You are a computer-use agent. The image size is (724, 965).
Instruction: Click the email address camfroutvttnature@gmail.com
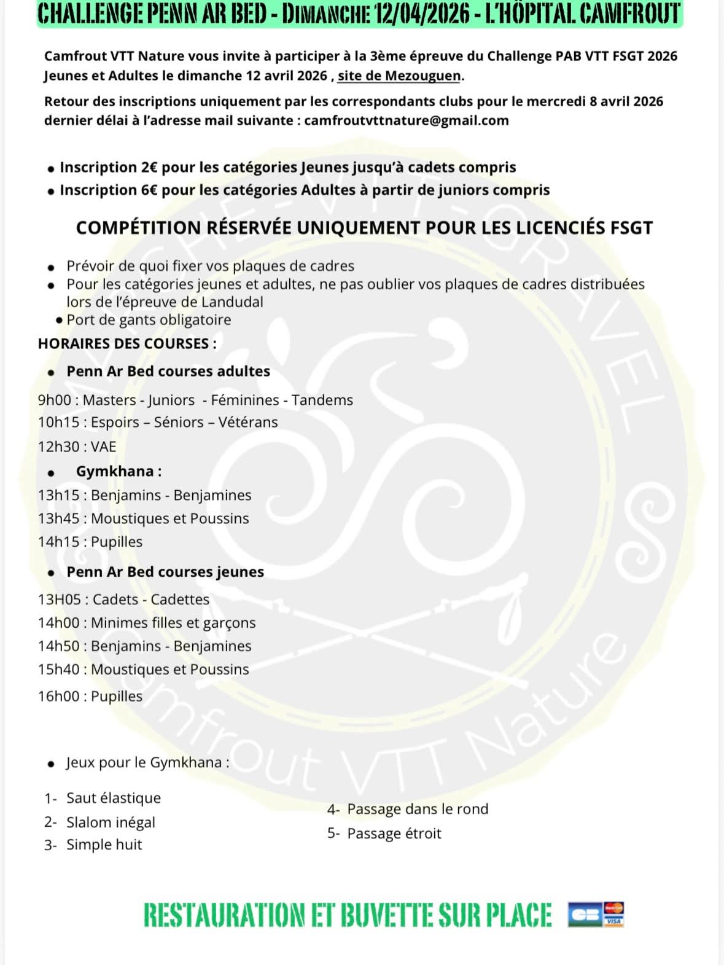pyautogui.click(x=406, y=120)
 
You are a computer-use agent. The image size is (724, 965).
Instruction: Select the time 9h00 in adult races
pyautogui.click(x=55, y=400)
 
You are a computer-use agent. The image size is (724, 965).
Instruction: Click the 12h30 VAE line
pyautogui.click(x=77, y=447)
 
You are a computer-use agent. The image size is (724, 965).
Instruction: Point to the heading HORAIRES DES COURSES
pyautogui.click(x=127, y=343)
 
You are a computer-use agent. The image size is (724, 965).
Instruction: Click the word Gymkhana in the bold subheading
pyautogui.click(x=115, y=471)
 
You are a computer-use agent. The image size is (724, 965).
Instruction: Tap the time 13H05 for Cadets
pyautogui.click(x=58, y=599)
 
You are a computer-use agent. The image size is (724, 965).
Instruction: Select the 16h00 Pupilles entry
pyautogui.click(x=90, y=696)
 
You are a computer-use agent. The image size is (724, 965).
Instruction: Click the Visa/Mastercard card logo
pyautogui.click(x=613, y=914)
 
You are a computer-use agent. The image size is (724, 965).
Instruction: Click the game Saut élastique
pyautogui.click(x=113, y=798)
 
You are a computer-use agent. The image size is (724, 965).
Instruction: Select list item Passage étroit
pyautogui.click(x=394, y=834)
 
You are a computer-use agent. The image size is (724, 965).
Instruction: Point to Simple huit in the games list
pyautogui.click(x=104, y=845)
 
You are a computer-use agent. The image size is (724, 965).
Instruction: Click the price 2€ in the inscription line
pyautogui.click(x=149, y=167)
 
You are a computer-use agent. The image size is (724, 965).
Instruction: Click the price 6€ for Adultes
pyautogui.click(x=149, y=190)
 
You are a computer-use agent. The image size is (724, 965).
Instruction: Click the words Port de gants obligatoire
pyautogui.click(x=149, y=319)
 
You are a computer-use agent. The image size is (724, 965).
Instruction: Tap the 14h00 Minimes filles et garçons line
pyautogui.click(x=147, y=622)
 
